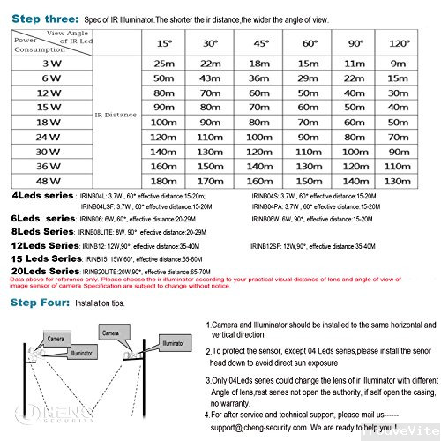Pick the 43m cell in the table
pyautogui.click(x=211, y=78)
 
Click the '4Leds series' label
pyautogui.click(x=41, y=195)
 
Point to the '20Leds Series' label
pyautogui.click(x=45, y=271)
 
